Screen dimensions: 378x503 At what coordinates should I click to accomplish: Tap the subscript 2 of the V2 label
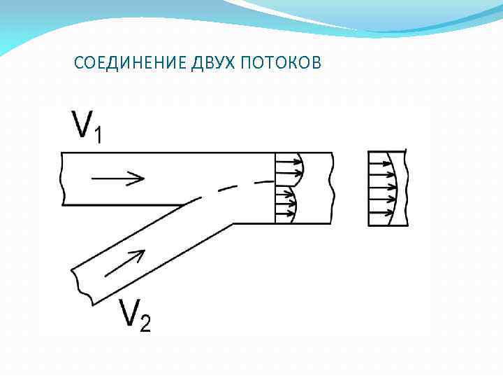tap(145, 324)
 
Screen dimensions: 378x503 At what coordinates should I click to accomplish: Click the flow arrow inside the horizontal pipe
tap(117, 178)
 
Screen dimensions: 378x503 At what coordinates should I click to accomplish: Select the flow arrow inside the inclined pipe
tap(126, 264)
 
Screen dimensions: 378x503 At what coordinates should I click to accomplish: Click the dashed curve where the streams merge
tap(231, 187)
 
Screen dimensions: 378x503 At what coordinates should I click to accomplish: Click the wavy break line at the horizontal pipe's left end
tap(63, 179)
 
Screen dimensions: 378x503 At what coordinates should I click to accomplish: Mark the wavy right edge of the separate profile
tap(407, 188)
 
